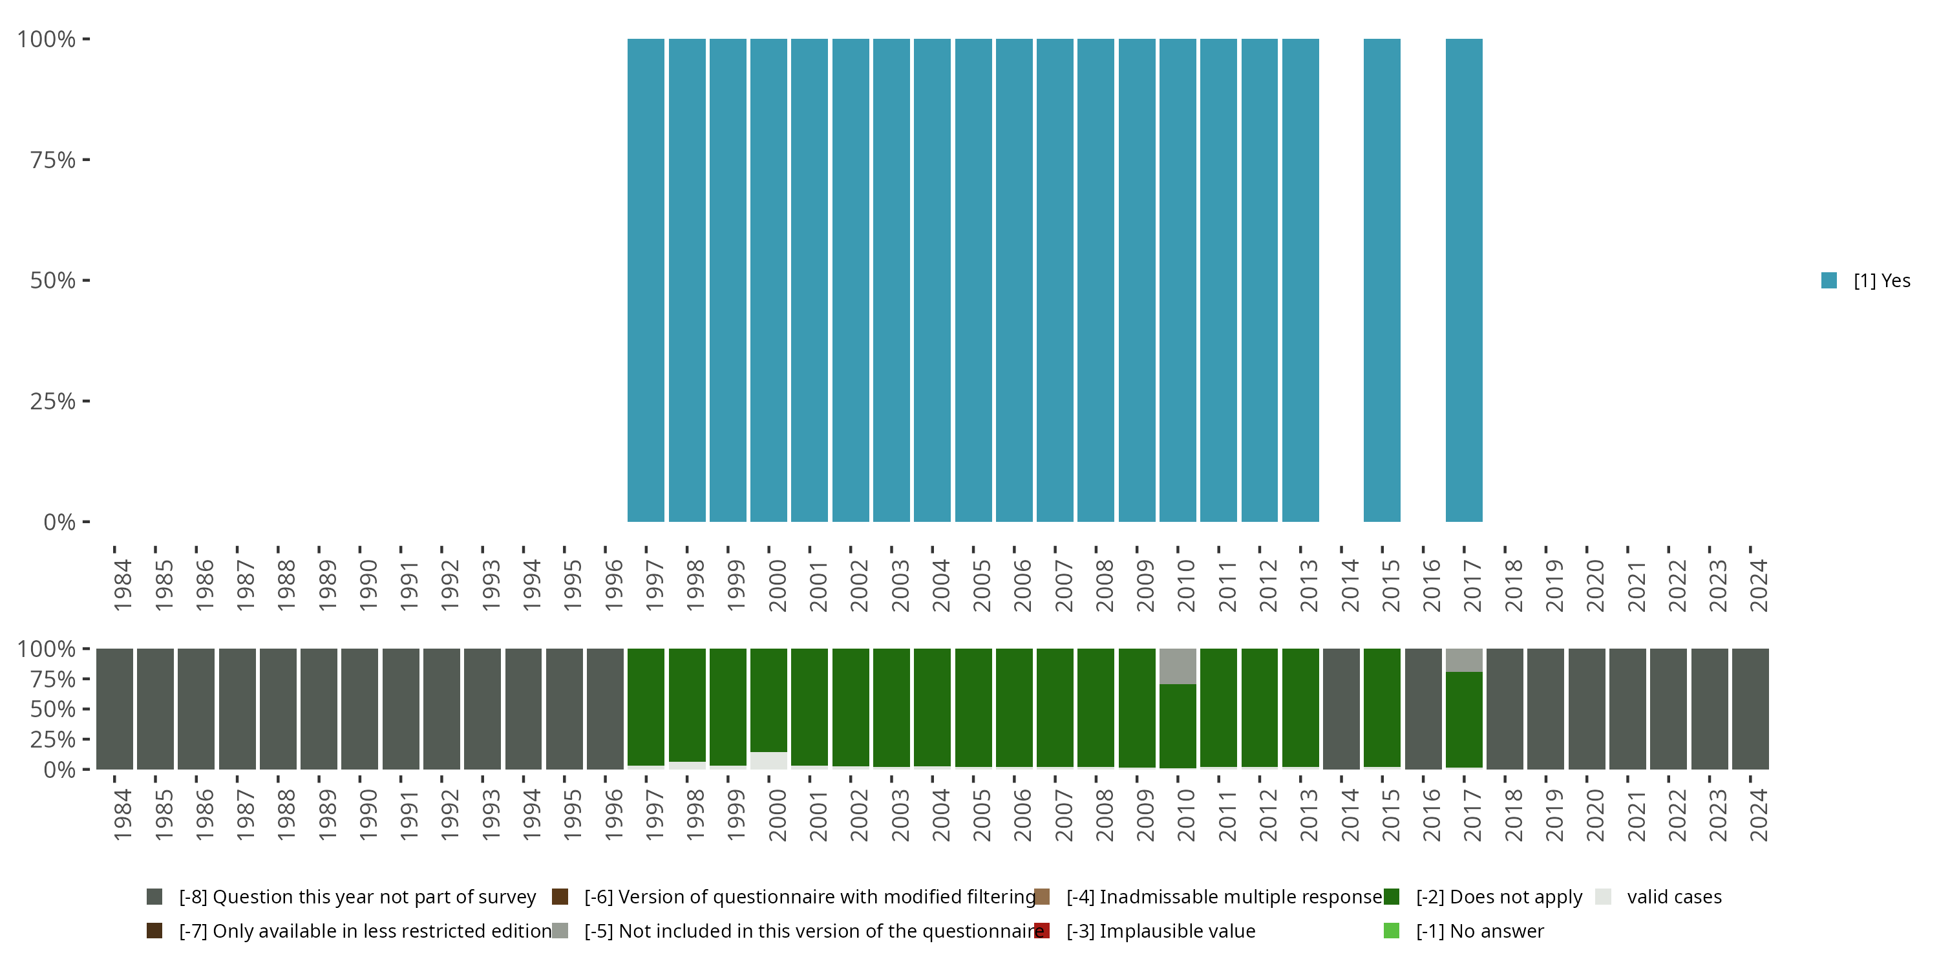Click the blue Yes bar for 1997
(x=646, y=280)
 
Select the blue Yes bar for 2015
(x=1382, y=280)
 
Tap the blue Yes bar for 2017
(x=1464, y=280)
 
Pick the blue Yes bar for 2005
(x=973, y=280)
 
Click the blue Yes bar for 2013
(x=1300, y=280)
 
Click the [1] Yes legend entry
(x=1865, y=281)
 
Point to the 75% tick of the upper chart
(x=86, y=160)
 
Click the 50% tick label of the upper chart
(x=53, y=281)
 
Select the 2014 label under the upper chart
(x=1349, y=585)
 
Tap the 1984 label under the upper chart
(x=122, y=585)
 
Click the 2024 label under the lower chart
(x=1757, y=815)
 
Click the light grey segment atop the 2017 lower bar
(x=1464, y=660)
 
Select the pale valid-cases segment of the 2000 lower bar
(x=768, y=760)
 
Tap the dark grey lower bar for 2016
(x=1423, y=709)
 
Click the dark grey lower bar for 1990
(x=360, y=709)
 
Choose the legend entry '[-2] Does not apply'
(x=1498, y=897)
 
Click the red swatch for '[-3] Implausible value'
(x=1043, y=931)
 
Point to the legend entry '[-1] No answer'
(x=1479, y=931)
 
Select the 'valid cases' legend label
(x=1674, y=897)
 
